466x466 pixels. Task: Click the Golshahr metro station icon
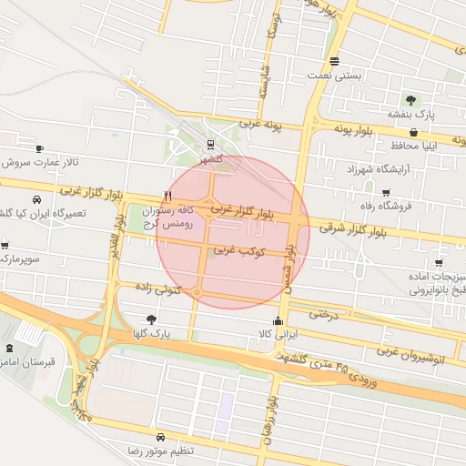click(211, 143)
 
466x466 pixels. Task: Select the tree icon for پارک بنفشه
click(410, 99)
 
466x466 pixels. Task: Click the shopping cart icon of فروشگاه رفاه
click(386, 192)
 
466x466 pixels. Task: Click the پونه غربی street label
click(262, 123)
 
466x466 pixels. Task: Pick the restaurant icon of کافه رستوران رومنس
click(166, 196)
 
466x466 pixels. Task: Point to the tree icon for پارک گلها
click(150, 319)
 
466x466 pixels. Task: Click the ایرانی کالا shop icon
click(278, 321)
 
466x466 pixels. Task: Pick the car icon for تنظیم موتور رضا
click(161, 436)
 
